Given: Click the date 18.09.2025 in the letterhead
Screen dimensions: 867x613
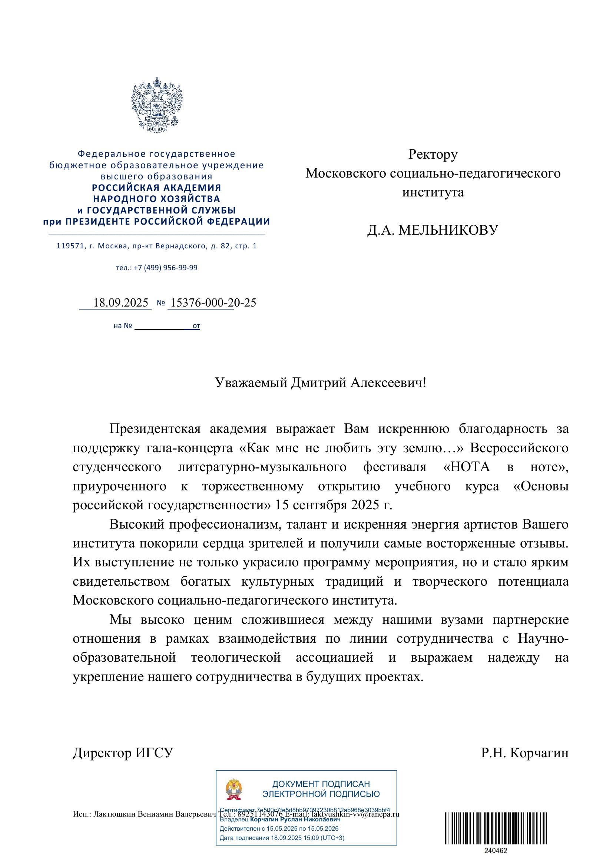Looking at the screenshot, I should [120, 303].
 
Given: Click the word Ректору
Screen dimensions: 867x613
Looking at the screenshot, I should [433, 154].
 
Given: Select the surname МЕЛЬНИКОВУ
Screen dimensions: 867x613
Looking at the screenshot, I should [448, 230].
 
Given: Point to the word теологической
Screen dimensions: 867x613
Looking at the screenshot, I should [236, 658].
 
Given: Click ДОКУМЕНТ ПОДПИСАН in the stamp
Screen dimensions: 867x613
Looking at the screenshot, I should [321, 784].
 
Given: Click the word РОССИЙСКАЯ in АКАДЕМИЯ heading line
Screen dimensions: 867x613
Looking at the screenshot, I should [122, 188].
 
